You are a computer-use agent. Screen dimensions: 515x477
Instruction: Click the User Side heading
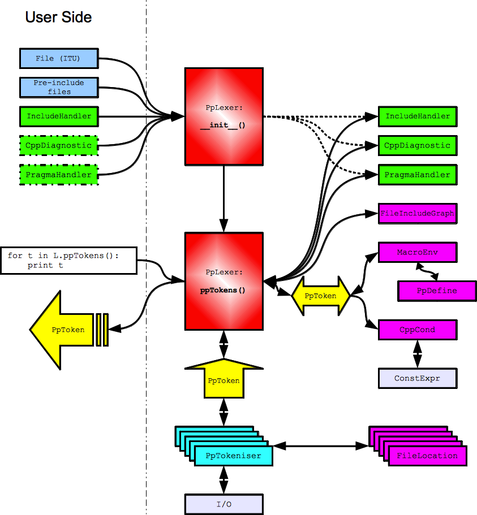click(x=58, y=18)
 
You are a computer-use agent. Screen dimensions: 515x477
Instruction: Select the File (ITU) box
click(x=59, y=58)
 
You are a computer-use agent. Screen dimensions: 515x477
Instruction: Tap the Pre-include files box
click(x=59, y=87)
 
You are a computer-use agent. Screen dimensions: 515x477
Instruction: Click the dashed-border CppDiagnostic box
click(x=59, y=145)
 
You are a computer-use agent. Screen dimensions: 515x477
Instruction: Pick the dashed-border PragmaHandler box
click(x=59, y=175)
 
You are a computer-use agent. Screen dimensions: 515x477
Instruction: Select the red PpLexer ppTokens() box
click(x=224, y=280)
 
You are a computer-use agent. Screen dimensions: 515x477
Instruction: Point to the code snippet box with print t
click(x=69, y=260)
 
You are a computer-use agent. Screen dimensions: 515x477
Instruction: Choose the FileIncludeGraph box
click(x=417, y=214)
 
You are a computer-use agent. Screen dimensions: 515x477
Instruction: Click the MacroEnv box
click(x=417, y=252)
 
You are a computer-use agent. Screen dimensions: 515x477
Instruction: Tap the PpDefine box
click(x=436, y=291)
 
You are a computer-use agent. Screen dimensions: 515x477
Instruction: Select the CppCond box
click(x=417, y=329)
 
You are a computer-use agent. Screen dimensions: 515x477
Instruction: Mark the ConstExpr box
click(x=417, y=378)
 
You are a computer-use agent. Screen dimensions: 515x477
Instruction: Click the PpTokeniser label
click(x=233, y=455)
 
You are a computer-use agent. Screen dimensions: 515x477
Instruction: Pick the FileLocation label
click(x=427, y=455)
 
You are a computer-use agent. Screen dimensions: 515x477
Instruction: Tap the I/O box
click(x=224, y=504)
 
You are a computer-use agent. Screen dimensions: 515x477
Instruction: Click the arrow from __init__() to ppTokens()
click(x=224, y=201)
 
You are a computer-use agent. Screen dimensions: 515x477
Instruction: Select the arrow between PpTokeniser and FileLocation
click(x=321, y=445)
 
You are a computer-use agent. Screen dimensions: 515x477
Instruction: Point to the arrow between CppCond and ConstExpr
click(x=418, y=354)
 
